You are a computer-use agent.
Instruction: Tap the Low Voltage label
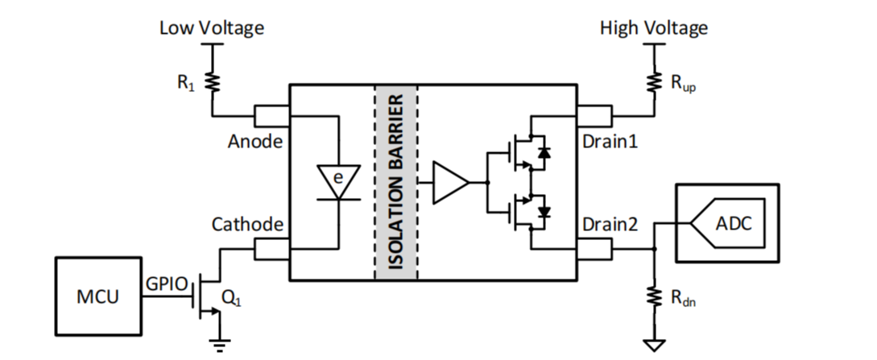[x=211, y=28]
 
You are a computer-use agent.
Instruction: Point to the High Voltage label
[x=653, y=28]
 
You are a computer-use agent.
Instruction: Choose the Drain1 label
[x=609, y=142]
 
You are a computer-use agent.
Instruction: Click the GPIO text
[x=167, y=283]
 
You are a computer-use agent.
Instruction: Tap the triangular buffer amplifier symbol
[x=449, y=182]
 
